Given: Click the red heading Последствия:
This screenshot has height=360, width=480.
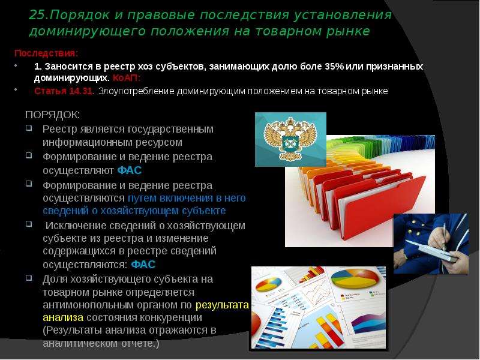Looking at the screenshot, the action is click(x=46, y=53).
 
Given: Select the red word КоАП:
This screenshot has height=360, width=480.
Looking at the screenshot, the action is click(x=127, y=78).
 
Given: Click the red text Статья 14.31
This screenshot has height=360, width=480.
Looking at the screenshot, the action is click(x=64, y=91).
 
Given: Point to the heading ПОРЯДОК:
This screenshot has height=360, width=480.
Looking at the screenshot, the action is click(x=53, y=115).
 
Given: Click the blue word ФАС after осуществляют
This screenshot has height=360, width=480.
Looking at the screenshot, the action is click(x=129, y=170).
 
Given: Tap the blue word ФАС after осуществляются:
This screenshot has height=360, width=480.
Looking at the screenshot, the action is click(x=143, y=264).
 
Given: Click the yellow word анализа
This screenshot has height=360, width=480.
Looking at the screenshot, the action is click(x=63, y=318).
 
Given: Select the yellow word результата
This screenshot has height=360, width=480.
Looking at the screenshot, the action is click(x=222, y=305).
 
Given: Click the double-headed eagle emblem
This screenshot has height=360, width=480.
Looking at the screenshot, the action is click(x=290, y=139).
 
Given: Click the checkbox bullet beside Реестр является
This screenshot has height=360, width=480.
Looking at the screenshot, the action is click(x=29, y=127).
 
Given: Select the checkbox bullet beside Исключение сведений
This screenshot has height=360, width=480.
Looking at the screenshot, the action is click(x=29, y=223).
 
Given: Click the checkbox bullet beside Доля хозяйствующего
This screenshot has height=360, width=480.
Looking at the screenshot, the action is click(x=29, y=278).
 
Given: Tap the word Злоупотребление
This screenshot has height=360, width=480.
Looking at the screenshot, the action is click(x=136, y=91).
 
